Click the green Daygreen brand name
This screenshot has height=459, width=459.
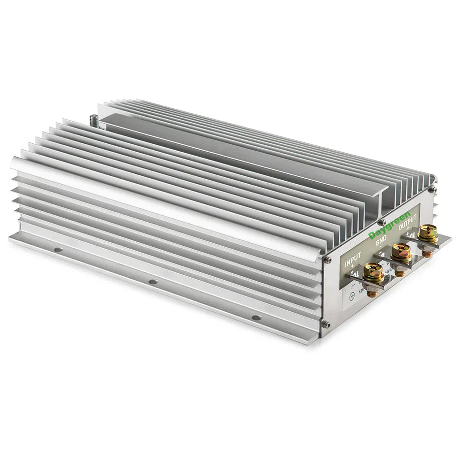pos(389,226)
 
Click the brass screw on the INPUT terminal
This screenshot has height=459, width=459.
pos(373,271)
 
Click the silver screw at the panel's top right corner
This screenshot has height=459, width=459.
pos(431,189)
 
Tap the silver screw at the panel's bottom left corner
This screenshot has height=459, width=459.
pos(326,324)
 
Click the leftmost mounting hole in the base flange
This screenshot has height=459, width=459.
pos(58,250)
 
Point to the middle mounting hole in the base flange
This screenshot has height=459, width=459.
pos(153,282)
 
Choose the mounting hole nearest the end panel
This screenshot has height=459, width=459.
pos(256,317)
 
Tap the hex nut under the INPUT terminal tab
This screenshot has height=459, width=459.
pos(372,293)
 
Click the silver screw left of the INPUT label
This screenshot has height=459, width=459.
pos(327,259)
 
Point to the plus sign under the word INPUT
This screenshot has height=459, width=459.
pos(353,264)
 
